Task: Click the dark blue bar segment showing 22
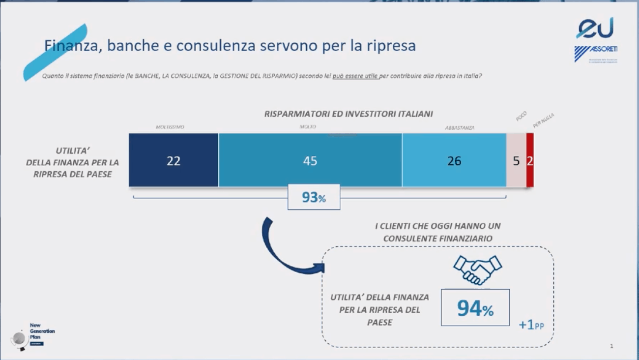click(x=174, y=160)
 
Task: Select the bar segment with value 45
click(x=310, y=160)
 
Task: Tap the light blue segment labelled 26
click(x=454, y=160)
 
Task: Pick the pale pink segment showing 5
click(x=516, y=160)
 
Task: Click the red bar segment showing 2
click(x=530, y=160)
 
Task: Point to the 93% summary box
click(x=314, y=197)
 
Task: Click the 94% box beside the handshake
click(x=475, y=308)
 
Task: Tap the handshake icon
click(x=477, y=269)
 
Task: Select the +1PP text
click(x=531, y=325)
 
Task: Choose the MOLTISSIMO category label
click(x=170, y=127)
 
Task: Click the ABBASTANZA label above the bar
click(x=460, y=128)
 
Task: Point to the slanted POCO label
click(x=521, y=117)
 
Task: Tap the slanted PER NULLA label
click(x=543, y=120)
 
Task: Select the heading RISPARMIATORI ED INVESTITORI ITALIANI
click(x=349, y=114)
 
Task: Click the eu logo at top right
click(x=595, y=28)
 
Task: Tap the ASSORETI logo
click(x=596, y=53)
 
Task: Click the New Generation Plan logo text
click(x=42, y=331)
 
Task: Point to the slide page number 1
click(x=611, y=346)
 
